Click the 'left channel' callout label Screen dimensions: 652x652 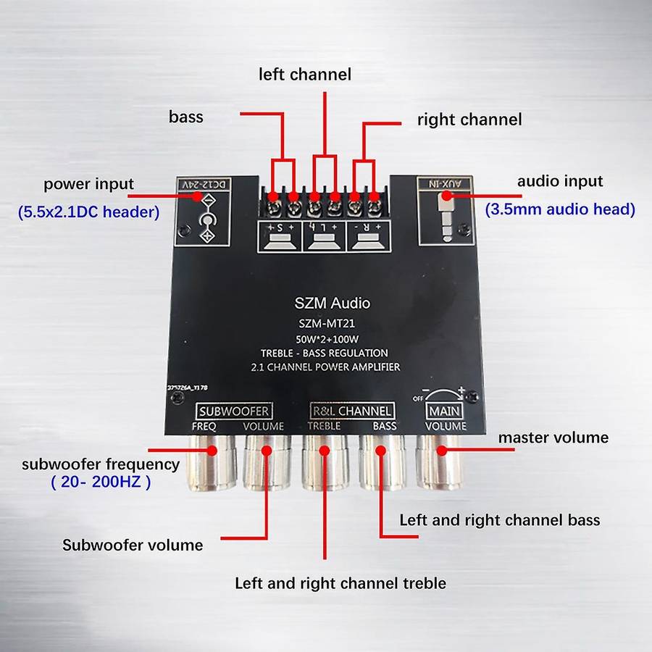[305, 75]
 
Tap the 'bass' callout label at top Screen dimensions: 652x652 [185, 117]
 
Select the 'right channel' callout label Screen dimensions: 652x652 [469, 120]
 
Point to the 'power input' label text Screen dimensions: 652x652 [88, 183]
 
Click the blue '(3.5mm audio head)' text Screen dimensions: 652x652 [559, 209]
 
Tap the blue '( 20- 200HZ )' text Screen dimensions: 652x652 [101, 482]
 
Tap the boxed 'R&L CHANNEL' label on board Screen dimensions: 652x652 [352, 411]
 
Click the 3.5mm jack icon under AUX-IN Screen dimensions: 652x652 [444, 221]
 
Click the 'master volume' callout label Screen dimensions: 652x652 [553, 438]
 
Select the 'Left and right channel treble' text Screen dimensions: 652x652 [340, 583]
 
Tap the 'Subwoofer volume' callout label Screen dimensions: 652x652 [133, 545]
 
